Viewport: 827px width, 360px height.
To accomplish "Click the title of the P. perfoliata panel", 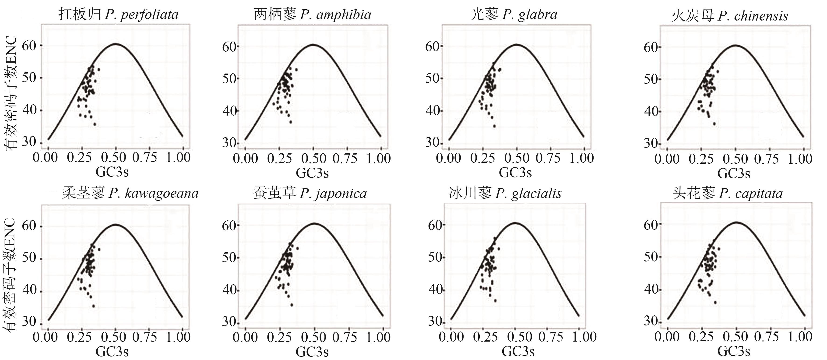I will [118, 14].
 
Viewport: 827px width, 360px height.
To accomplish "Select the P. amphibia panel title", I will [312, 14].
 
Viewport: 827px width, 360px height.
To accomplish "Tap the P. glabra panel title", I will [514, 14].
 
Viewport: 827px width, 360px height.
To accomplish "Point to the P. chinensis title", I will [729, 16].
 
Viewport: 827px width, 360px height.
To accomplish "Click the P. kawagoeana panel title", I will [130, 193].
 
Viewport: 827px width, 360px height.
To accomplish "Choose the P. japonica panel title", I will [310, 193].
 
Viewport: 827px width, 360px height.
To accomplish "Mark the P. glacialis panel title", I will [505, 193].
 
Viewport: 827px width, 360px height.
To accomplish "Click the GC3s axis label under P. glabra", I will [515, 173].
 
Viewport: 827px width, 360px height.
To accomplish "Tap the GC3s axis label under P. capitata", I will [734, 351].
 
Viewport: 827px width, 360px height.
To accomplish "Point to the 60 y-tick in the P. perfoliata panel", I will [29, 46].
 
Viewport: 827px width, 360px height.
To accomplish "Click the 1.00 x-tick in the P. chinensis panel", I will [800, 159].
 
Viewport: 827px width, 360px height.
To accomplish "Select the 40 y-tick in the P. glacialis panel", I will [435, 290].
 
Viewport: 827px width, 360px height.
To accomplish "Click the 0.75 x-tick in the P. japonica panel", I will [345, 337].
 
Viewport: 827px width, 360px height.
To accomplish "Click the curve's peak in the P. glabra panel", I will [517, 44].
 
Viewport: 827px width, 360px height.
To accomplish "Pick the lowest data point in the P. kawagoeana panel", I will [93, 306].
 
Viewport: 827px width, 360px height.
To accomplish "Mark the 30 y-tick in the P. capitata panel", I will [651, 321].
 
